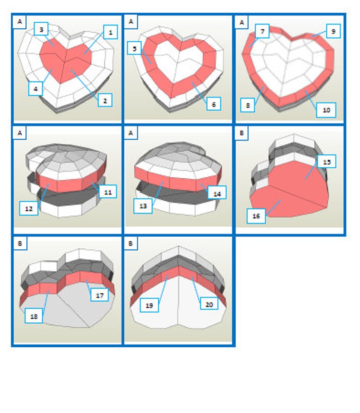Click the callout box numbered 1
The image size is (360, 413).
click(x=110, y=32)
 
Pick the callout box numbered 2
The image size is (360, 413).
click(x=105, y=101)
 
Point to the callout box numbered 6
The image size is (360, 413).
click(x=213, y=104)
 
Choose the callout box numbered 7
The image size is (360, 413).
click(x=262, y=32)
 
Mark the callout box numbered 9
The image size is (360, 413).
click(x=333, y=31)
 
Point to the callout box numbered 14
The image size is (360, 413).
click(x=217, y=192)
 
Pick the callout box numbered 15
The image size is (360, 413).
click(x=326, y=161)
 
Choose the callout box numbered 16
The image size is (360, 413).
click(x=256, y=216)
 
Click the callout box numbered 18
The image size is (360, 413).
click(x=34, y=316)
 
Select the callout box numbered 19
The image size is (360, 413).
click(x=149, y=305)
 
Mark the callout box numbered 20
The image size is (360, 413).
click(x=209, y=304)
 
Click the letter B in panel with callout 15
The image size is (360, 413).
click(x=242, y=134)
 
